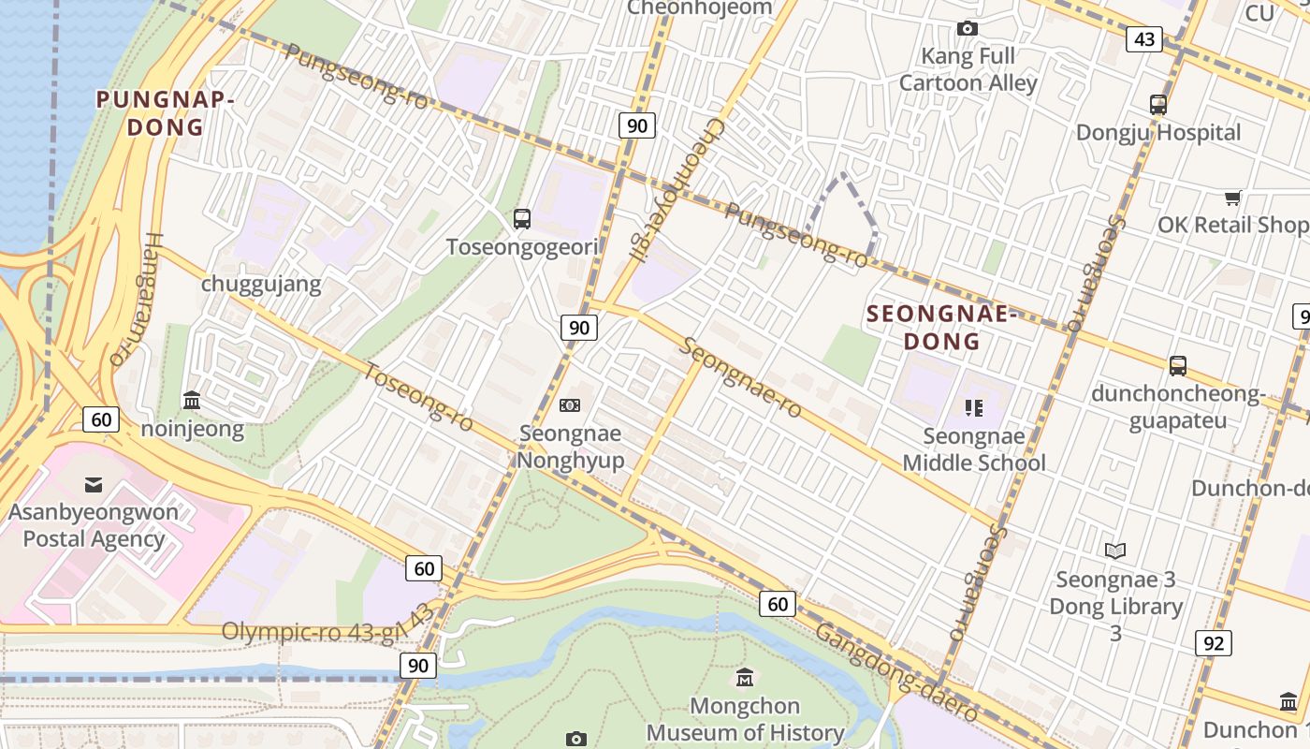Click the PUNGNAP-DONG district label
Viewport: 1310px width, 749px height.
pyautogui.click(x=165, y=112)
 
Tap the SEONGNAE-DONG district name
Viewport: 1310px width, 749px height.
pyautogui.click(x=941, y=328)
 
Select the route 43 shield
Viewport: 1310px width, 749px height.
pyautogui.click(x=1143, y=39)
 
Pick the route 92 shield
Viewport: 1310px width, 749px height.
pyautogui.click(x=1213, y=643)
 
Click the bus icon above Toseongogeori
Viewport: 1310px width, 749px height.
pyautogui.click(x=522, y=219)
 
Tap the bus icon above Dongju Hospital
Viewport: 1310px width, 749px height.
pyautogui.click(x=1158, y=105)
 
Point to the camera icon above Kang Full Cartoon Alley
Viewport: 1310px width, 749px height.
pyautogui.click(x=968, y=29)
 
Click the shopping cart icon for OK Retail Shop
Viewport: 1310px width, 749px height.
pyautogui.click(x=1233, y=198)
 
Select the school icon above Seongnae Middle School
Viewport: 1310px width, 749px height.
pyautogui.click(x=974, y=408)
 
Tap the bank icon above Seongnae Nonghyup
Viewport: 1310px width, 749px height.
pyautogui.click(x=569, y=405)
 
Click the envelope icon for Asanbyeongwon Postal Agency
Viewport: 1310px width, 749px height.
pyautogui.click(x=94, y=484)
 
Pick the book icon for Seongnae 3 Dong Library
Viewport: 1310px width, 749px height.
pyautogui.click(x=1115, y=551)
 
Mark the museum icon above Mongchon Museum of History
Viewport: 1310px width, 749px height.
pyautogui.click(x=745, y=677)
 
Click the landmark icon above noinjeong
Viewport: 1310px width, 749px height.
pyautogui.click(x=192, y=401)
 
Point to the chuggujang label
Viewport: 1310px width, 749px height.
pyautogui.click(x=261, y=284)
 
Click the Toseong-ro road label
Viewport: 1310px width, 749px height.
pyautogui.click(x=418, y=398)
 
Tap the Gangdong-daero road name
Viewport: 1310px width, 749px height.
pyautogui.click(x=896, y=672)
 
